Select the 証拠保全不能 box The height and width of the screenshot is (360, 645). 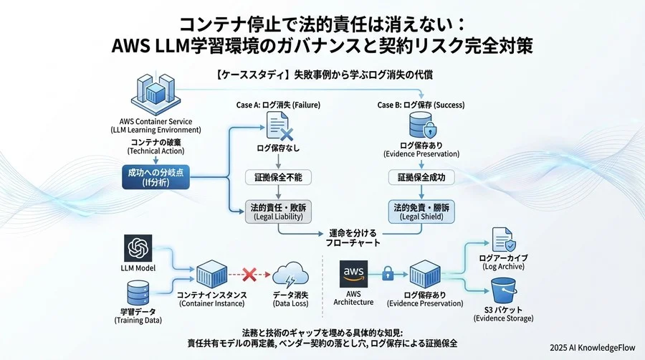click(278, 176)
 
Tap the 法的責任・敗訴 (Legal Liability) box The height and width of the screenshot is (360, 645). click(278, 212)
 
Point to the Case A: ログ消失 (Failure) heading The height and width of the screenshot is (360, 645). click(278, 105)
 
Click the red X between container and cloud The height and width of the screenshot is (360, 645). click(250, 274)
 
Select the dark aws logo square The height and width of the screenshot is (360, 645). click(355, 274)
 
